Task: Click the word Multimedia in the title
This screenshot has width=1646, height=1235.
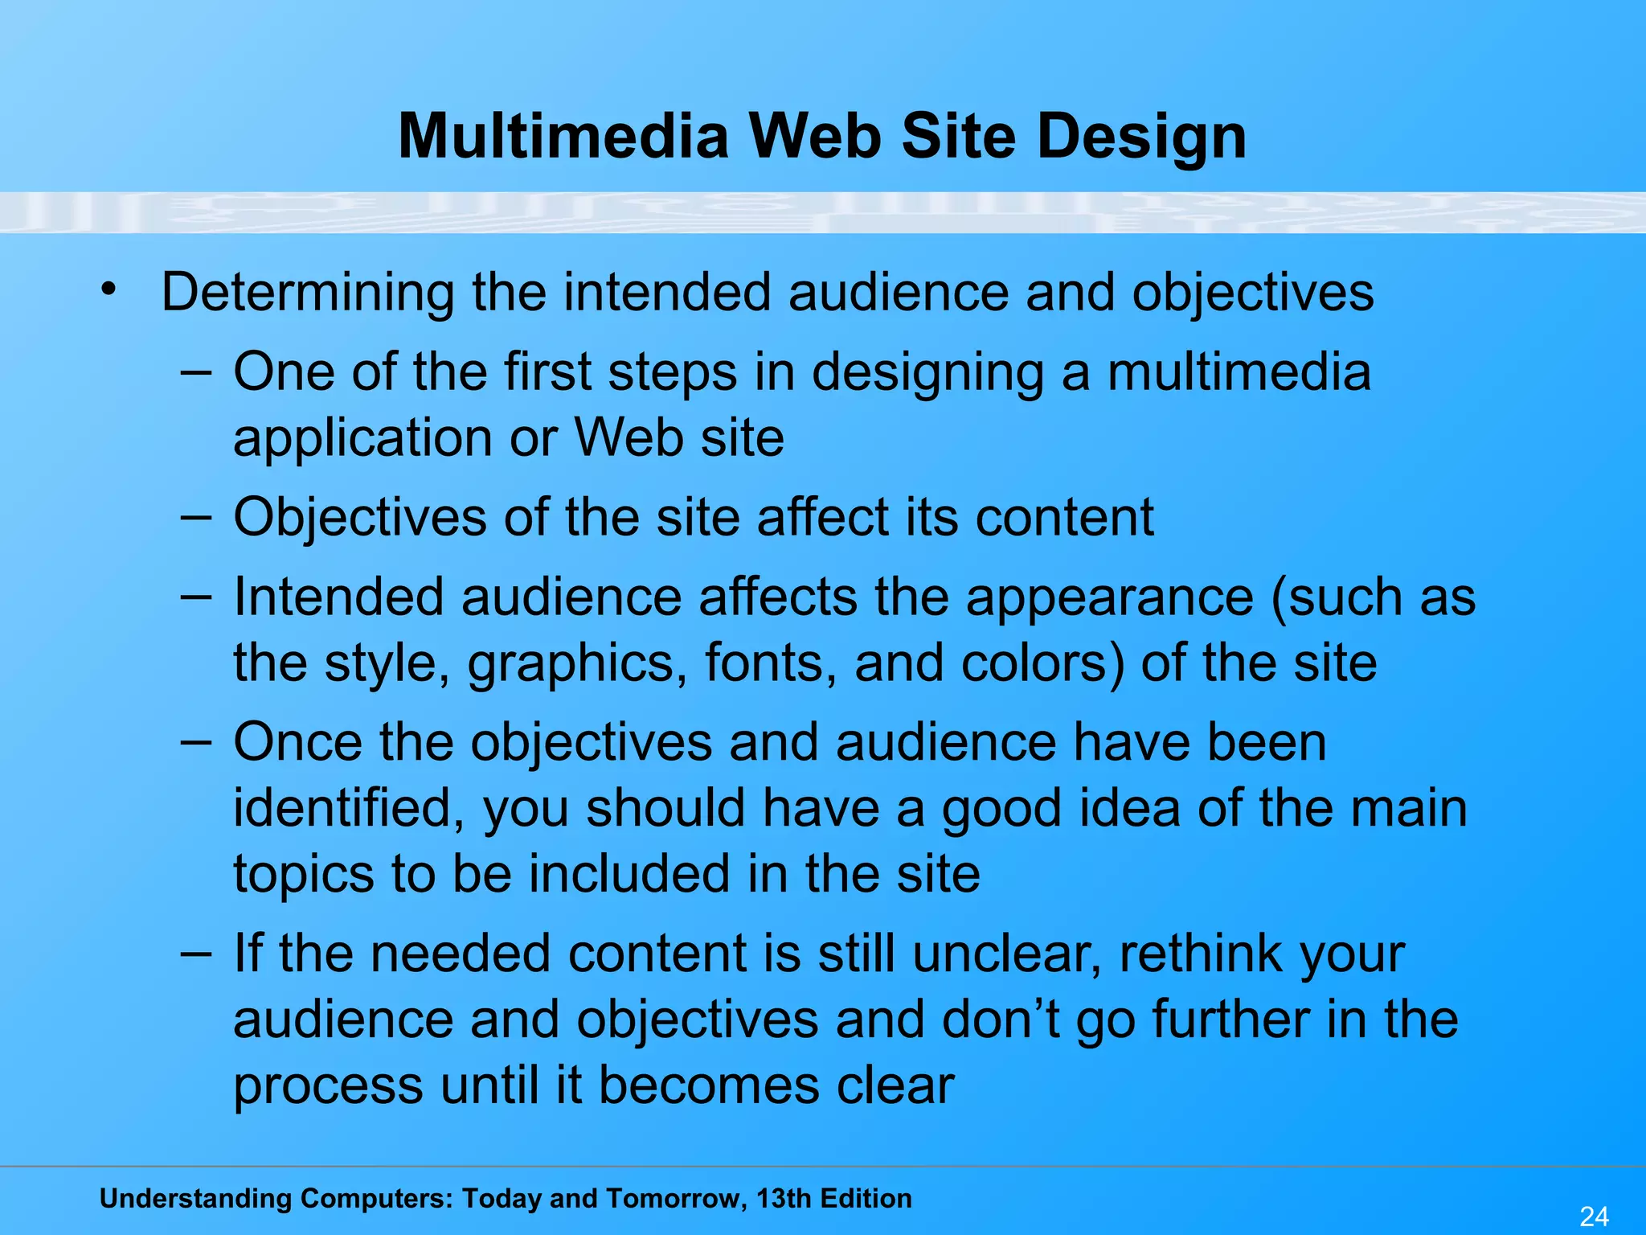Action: tap(563, 137)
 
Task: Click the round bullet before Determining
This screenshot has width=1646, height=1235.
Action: tap(109, 288)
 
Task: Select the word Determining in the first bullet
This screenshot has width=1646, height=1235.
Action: tap(307, 293)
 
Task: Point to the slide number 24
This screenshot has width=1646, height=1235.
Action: tap(1594, 1216)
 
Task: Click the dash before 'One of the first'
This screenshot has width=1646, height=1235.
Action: tap(196, 372)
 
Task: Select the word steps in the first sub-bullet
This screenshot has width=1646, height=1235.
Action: tap(672, 374)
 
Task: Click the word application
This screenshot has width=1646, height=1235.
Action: tap(362, 439)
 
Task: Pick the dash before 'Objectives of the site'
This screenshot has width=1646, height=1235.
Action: tap(196, 517)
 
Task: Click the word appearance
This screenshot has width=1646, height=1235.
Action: tap(1109, 599)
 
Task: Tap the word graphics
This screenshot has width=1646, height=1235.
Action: tap(577, 665)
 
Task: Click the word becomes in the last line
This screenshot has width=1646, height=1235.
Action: tap(709, 1085)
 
